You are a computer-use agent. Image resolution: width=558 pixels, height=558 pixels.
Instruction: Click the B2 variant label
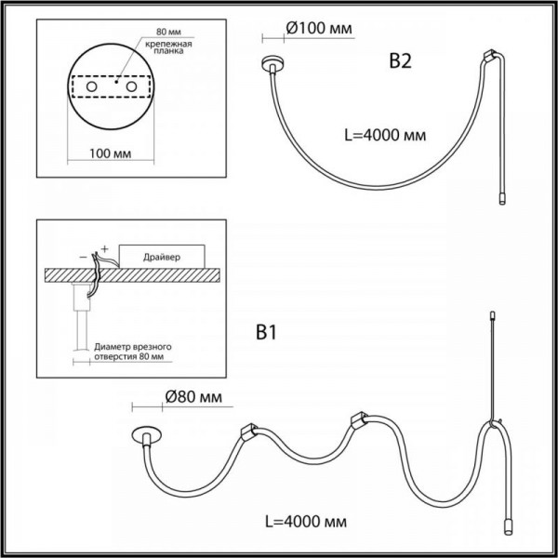pos(400,61)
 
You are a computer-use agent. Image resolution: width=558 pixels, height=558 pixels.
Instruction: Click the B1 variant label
pos(266,333)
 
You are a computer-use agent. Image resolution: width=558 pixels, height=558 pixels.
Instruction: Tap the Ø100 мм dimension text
pos(319,29)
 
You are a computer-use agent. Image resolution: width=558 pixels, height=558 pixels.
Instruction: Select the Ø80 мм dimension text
pos(193,397)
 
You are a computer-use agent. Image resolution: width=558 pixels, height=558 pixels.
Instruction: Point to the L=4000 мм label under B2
pos(385,135)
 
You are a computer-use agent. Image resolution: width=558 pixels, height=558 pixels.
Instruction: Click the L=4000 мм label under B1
pos(306,522)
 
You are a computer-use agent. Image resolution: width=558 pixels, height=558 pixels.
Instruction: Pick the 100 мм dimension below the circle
pos(110,153)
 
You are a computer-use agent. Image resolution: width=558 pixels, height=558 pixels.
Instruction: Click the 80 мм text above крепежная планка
pos(168,32)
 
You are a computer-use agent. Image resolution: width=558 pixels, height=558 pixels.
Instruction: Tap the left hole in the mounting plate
pos(92,86)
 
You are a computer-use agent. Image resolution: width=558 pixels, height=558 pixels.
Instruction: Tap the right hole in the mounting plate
pos(131,86)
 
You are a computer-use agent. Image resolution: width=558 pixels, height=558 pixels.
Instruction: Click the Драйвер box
pos(162,257)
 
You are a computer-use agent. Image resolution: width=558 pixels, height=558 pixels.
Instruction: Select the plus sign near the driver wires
pos(104,248)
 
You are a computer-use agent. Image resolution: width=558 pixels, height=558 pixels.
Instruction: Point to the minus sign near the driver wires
pos(84,257)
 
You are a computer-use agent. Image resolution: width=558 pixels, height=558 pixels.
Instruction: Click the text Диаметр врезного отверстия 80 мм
pos(132,352)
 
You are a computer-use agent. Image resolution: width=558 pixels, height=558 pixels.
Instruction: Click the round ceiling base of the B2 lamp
pos(272,62)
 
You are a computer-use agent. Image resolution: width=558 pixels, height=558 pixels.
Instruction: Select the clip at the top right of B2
pos(490,55)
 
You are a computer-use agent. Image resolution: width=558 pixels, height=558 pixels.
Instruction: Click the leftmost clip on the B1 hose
pos(248,432)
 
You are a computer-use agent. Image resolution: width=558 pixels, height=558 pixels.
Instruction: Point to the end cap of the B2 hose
pos(502,199)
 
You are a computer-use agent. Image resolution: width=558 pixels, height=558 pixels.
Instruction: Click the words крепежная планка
pos(168,47)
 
